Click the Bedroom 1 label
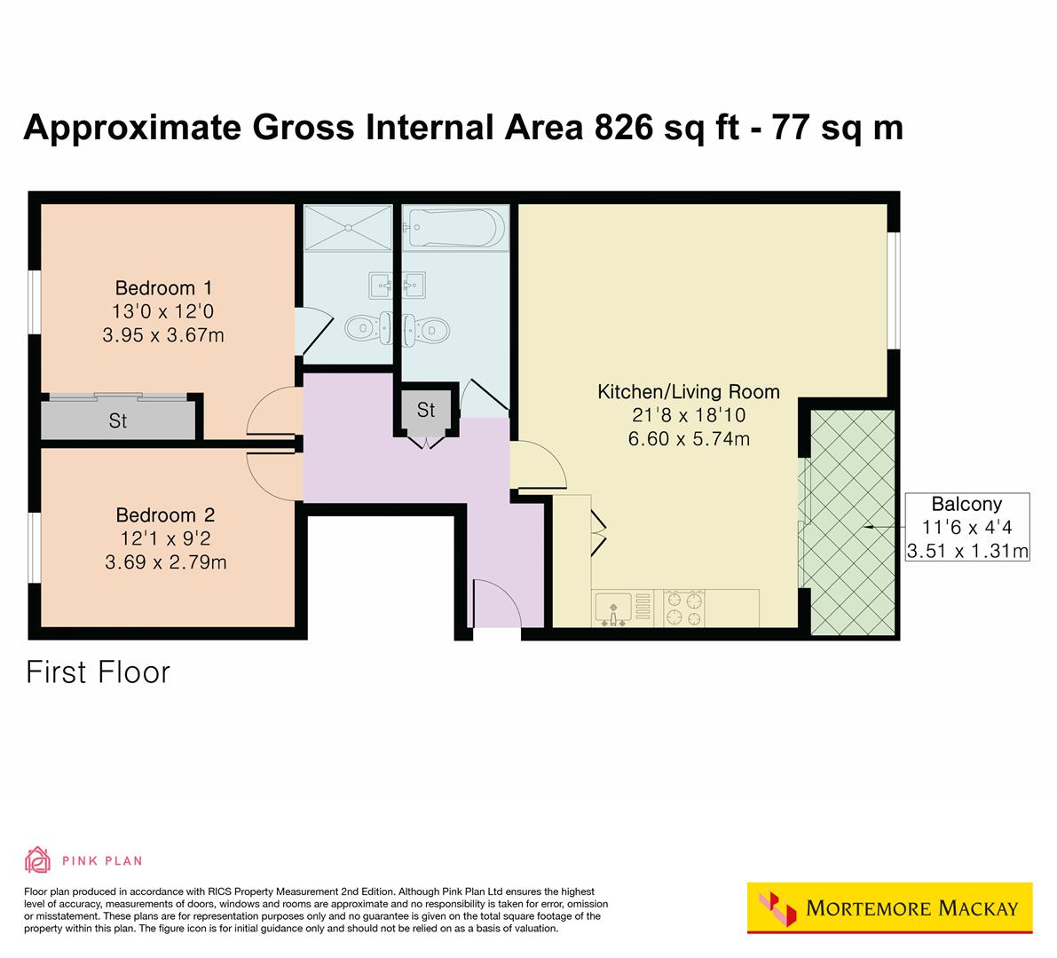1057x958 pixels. [x=163, y=288]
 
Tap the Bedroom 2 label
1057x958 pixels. [x=165, y=515]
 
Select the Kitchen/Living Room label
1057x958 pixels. [x=688, y=391]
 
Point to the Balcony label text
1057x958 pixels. [x=966, y=504]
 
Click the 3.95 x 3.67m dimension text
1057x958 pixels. [x=163, y=335]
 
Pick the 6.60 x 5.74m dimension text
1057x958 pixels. [x=689, y=438]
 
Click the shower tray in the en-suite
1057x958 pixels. [x=347, y=228]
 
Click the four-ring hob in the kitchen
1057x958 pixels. [x=685, y=609]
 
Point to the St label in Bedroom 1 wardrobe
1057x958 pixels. [x=118, y=420]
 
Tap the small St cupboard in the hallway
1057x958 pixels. [x=426, y=411]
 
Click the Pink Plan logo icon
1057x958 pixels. [x=38, y=860]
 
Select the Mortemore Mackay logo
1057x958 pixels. [x=889, y=907]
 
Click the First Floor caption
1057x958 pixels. [x=98, y=671]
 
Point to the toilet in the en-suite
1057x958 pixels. [x=362, y=328]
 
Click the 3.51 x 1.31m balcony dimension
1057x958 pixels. [x=966, y=551]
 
